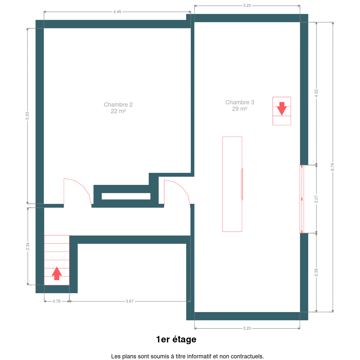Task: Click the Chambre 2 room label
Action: point(118,104)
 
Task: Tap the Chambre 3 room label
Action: point(239,102)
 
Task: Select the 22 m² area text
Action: point(118,111)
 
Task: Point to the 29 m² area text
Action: point(239,109)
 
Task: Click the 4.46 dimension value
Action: point(117,12)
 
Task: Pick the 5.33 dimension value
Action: point(27,116)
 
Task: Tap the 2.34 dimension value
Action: point(27,246)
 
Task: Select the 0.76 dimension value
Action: point(56,301)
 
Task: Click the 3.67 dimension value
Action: point(129,301)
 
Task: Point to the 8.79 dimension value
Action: point(333,167)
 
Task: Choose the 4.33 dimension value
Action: point(316,93)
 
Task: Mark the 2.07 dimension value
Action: point(316,199)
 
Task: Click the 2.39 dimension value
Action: point(316,272)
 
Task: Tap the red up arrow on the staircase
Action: point(57,274)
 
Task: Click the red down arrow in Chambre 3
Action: point(282,109)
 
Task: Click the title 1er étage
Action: point(176,339)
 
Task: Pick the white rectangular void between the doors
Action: point(126,196)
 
